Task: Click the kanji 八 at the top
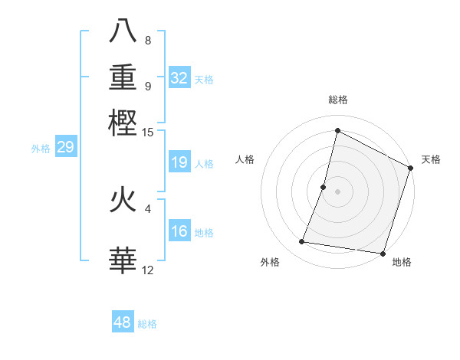point(123,32)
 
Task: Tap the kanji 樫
point(123,123)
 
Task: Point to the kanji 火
point(123,201)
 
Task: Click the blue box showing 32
point(179,77)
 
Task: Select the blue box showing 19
point(179,162)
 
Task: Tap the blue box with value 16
point(179,231)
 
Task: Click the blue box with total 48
point(123,322)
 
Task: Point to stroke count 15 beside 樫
point(148,133)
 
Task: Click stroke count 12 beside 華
point(148,270)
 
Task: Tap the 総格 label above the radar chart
point(337,100)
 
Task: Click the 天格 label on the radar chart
point(431,159)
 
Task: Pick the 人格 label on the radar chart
point(245,159)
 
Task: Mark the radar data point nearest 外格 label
point(302,242)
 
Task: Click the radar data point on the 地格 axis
point(382,253)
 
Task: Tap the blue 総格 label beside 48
point(147,324)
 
